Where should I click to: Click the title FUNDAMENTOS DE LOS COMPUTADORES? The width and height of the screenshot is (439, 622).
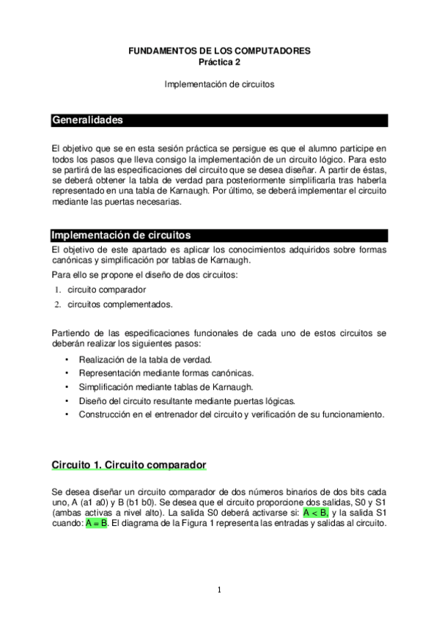click(x=219, y=51)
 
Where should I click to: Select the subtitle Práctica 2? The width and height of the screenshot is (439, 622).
click(x=219, y=62)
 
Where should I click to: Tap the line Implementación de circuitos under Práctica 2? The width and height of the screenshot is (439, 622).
click(x=219, y=84)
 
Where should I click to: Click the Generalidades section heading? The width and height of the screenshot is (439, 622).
click(x=86, y=120)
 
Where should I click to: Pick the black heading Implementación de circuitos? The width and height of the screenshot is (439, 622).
click(x=121, y=235)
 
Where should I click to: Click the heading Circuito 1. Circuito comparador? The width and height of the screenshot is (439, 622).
click(x=128, y=465)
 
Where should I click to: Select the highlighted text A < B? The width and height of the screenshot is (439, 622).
click(x=315, y=513)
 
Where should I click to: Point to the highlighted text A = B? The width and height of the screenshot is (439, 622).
click(x=97, y=524)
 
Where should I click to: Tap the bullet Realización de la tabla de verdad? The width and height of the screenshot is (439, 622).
click(x=145, y=359)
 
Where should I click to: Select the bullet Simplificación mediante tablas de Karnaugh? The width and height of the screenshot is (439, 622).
click(x=166, y=387)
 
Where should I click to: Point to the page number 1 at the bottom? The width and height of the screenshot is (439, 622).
click(x=219, y=590)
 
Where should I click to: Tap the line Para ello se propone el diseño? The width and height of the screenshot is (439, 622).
click(x=135, y=275)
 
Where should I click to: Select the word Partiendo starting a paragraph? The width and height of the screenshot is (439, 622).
click(x=71, y=333)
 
